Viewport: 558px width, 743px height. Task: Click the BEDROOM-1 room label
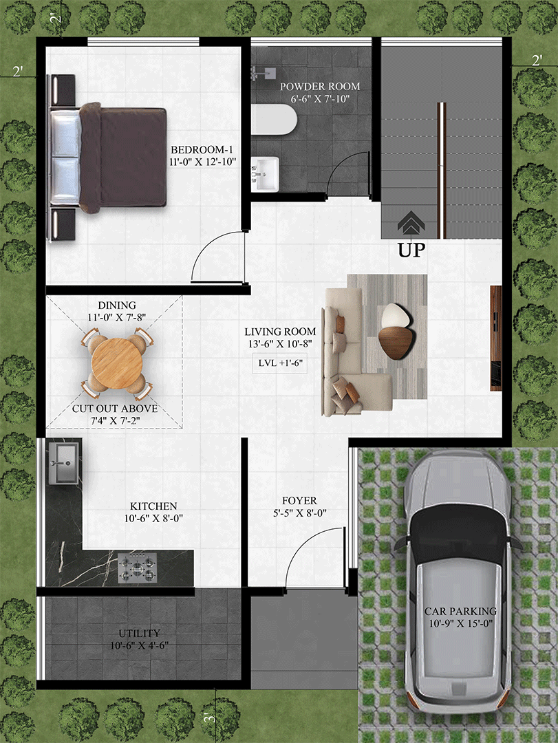pos(202,150)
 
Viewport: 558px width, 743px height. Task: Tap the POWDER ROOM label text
pos(320,87)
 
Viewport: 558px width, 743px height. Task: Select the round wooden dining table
pos(117,362)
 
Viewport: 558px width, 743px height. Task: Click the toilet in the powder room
pos(274,120)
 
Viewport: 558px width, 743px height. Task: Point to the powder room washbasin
pos(264,174)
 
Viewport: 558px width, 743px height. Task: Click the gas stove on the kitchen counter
pos(138,567)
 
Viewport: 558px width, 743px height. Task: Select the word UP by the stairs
pos(411,250)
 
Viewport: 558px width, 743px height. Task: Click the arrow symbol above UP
pos(411,222)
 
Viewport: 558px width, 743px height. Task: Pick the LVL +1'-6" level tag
pos(280,363)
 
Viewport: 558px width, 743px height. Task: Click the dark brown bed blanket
pos(122,158)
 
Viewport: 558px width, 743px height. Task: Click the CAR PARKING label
pos(460,612)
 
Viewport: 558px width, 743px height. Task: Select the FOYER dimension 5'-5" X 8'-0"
pos(299,513)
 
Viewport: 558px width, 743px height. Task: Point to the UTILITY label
pos(140,634)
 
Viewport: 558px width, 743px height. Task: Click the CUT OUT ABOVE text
pos(115,409)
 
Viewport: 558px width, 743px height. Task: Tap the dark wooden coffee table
pos(397,342)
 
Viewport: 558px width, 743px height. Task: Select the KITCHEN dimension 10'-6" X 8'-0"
pos(153,519)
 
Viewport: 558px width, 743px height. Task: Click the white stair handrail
pos(442,171)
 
